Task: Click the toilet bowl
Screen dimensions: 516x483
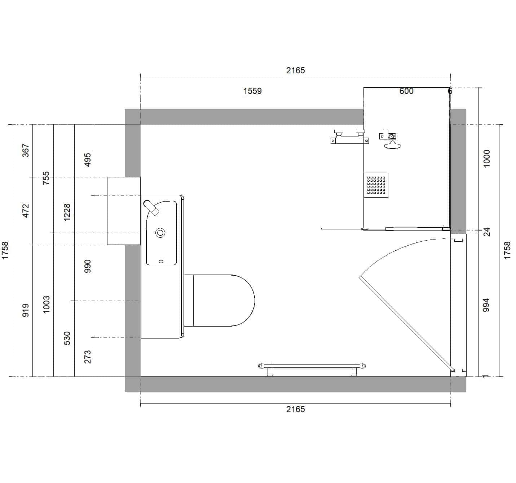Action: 224,300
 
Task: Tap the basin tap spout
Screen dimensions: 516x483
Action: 151,207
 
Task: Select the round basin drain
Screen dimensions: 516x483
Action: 160,233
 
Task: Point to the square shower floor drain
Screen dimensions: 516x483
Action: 376,185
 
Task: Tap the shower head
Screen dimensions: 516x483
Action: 392,145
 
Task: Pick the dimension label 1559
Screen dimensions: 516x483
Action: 252,91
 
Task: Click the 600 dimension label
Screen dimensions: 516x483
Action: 406,91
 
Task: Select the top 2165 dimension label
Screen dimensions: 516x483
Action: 295,70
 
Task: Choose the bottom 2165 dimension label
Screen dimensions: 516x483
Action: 295,409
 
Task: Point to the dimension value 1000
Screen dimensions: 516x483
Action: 486,159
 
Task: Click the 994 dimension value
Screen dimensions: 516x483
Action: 486,305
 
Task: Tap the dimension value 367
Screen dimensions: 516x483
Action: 26,151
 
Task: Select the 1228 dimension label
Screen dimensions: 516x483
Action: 67,212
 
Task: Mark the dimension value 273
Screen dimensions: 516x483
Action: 88,357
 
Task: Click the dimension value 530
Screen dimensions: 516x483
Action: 67,338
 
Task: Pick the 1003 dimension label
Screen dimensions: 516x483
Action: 46,305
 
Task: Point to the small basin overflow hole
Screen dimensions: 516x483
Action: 161,262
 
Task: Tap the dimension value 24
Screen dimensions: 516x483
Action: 487,232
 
